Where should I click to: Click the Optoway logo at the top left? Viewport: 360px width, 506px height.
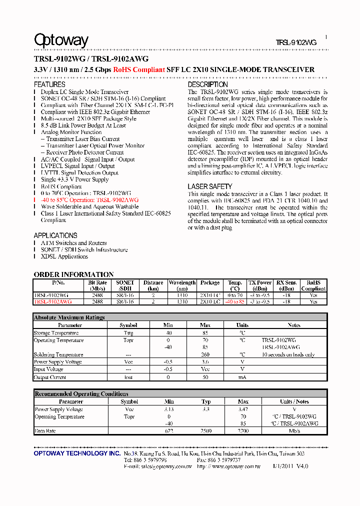pyautogui.click(x=61, y=40)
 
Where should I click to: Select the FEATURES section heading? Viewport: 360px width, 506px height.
pyautogui.click(x=49, y=85)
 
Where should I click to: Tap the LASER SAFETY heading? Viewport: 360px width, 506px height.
pyautogui.click(x=209, y=186)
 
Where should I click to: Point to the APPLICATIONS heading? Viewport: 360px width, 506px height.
pyautogui.click(x=55, y=235)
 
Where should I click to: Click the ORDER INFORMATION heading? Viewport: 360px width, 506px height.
pyautogui.click(x=73, y=274)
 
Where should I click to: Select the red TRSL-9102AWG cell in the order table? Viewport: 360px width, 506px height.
pyautogui.click(x=52, y=302)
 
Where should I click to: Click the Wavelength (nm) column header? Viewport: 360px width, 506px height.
pyautogui.click(x=182, y=285)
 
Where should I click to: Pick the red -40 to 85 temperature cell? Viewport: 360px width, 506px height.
pyautogui.click(x=234, y=302)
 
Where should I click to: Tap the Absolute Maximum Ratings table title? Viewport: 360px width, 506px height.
pyautogui.click(x=69, y=317)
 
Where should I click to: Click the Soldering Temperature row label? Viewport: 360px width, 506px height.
pyautogui.click(x=58, y=355)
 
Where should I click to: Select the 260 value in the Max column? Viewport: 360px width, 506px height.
pyautogui.click(x=205, y=355)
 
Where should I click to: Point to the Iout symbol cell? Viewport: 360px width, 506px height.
pyautogui.click(x=128, y=377)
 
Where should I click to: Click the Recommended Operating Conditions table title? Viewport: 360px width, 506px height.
pyautogui.click(x=81, y=394)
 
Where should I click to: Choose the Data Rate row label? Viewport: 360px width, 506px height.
pyautogui.click(x=45, y=431)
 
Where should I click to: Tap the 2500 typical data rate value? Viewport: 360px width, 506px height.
pyautogui.click(x=206, y=431)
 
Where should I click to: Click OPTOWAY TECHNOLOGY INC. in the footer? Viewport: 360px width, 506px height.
pyautogui.click(x=77, y=453)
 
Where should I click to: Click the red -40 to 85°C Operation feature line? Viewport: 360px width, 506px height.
pyautogui.click(x=89, y=200)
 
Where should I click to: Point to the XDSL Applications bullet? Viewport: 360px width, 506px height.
pyautogui.click(x=64, y=256)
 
